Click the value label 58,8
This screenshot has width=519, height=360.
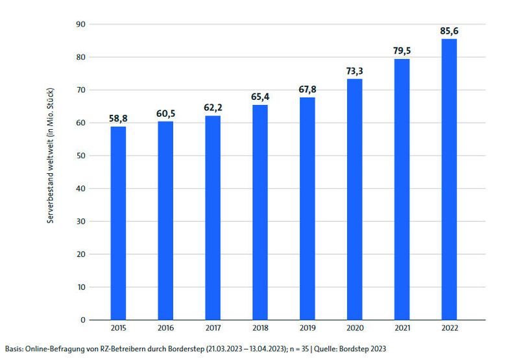(x=118, y=119)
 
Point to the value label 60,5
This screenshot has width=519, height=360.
(x=165, y=114)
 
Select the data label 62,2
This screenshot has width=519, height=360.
(x=213, y=108)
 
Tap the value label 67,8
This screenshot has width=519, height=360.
(x=307, y=90)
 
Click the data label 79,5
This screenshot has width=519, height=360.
(x=402, y=51)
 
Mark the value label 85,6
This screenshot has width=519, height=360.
(x=449, y=30)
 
